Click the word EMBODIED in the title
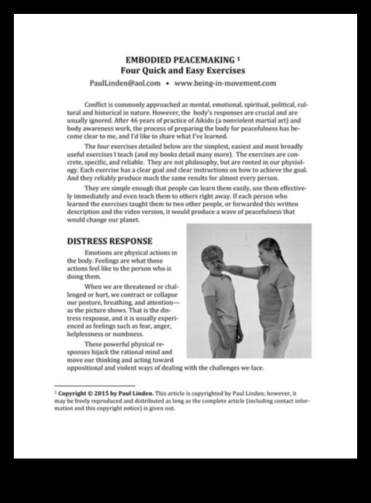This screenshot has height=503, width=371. [146, 60]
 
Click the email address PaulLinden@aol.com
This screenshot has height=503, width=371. [126, 83]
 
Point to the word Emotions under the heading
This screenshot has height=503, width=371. [98, 253]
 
